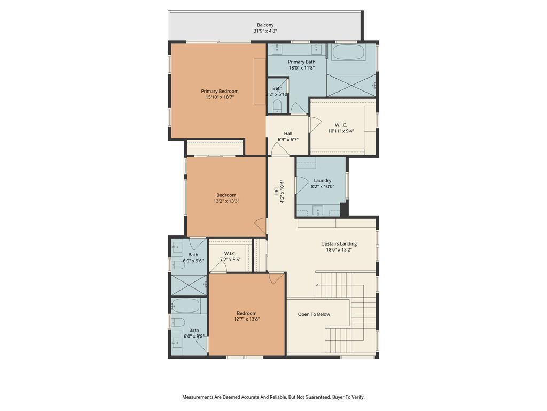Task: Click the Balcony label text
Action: click(x=265, y=25)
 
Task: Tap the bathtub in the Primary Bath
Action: click(x=348, y=53)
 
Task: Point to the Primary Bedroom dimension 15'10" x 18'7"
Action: click(x=220, y=98)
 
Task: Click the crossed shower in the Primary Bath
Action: click(x=351, y=85)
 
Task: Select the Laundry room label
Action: click(x=322, y=180)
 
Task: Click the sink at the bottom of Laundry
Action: click(x=318, y=210)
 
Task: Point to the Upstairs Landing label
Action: click(x=339, y=243)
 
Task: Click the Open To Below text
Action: click(x=314, y=314)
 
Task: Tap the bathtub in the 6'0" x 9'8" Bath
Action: click(x=185, y=306)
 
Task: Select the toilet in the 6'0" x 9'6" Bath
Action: click(x=178, y=264)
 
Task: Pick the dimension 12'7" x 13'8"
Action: click(x=246, y=319)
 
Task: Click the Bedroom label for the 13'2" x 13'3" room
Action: click(x=226, y=195)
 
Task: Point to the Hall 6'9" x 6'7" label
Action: click(x=287, y=133)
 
